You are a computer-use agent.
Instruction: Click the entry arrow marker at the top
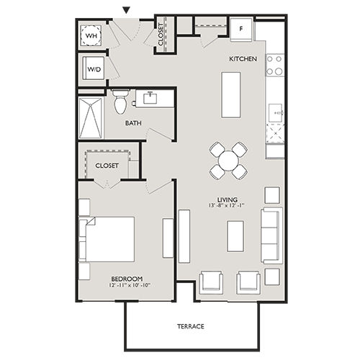pyautogui.click(x=127, y=10)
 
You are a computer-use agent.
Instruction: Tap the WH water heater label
pyautogui.click(x=92, y=35)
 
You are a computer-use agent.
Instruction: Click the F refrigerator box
pyautogui.click(x=241, y=30)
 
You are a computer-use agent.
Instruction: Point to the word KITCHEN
pyautogui.click(x=243, y=59)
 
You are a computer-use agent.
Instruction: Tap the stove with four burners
pyautogui.click(x=274, y=66)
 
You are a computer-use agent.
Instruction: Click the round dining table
pyautogui.click(x=228, y=160)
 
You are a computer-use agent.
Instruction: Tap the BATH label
pyautogui.click(x=133, y=123)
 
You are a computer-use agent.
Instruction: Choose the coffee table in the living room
pyautogui.click(x=235, y=235)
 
